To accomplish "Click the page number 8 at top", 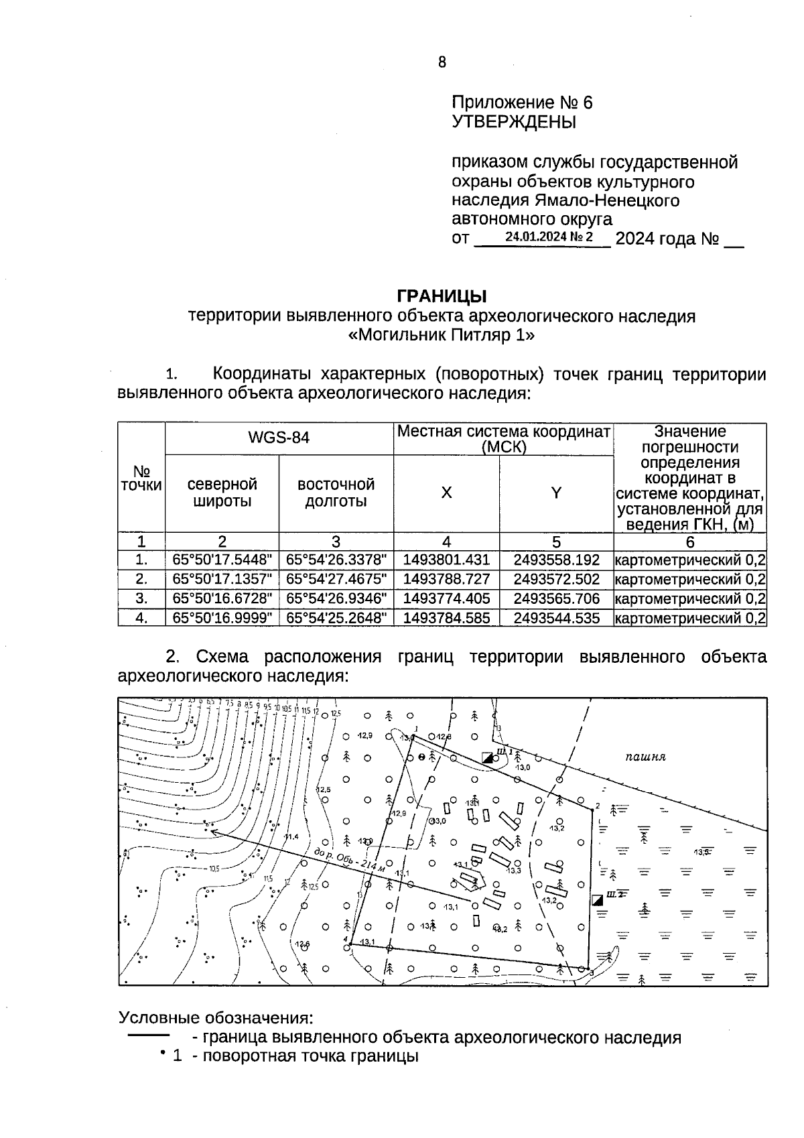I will [442, 62].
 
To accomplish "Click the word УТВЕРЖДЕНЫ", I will [514, 122].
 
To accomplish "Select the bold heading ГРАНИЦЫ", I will [442, 296].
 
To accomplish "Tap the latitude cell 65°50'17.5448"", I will [222, 560].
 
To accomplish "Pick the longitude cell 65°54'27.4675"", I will [336, 579].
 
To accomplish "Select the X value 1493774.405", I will [446, 598].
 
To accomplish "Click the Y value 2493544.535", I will [556, 618].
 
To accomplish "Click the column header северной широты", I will [222, 493].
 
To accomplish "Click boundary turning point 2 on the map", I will [592, 810].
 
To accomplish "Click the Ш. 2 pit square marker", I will [598, 899].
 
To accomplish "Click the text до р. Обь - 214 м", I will [350, 861].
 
